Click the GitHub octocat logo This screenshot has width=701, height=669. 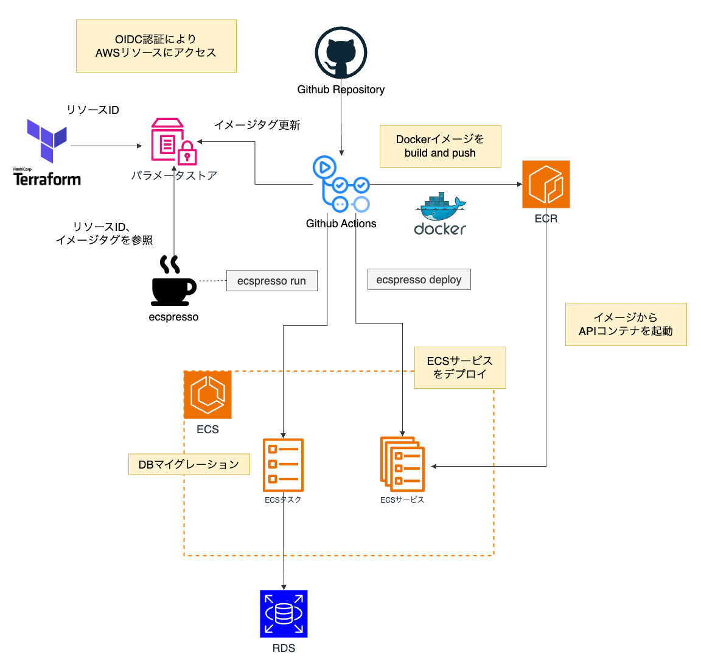click(x=341, y=53)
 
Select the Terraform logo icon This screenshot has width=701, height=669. click(x=47, y=141)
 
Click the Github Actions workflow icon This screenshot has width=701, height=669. click(x=341, y=184)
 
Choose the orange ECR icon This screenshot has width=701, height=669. click(x=546, y=184)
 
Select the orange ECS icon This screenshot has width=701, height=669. click(x=208, y=395)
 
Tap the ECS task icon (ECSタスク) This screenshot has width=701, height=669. click(x=283, y=465)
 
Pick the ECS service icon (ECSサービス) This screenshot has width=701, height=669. click(x=402, y=464)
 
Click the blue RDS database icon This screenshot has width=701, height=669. click(x=284, y=614)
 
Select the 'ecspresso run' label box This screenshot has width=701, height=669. click(x=271, y=281)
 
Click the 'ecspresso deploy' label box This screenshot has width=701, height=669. click(x=419, y=280)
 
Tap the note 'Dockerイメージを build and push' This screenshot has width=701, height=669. click(x=440, y=146)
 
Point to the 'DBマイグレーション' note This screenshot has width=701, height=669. click(x=189, y=464)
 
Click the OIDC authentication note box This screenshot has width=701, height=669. click(x=156, y=46)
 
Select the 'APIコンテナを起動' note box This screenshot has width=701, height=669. click(x=626, y=324)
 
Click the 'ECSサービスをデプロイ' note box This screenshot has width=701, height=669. click(x=459, y=367)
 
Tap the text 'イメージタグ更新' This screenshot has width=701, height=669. click(x=257, y=125)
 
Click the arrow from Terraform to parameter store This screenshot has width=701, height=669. click(x=106, y=146)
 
